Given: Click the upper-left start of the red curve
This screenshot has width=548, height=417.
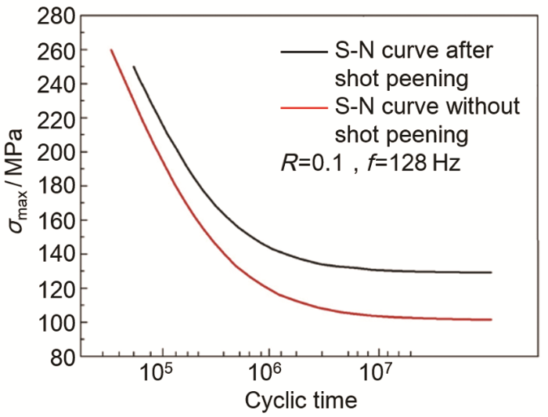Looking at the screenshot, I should click(111, 50).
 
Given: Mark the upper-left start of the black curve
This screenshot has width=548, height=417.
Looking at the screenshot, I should click(134, 67).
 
